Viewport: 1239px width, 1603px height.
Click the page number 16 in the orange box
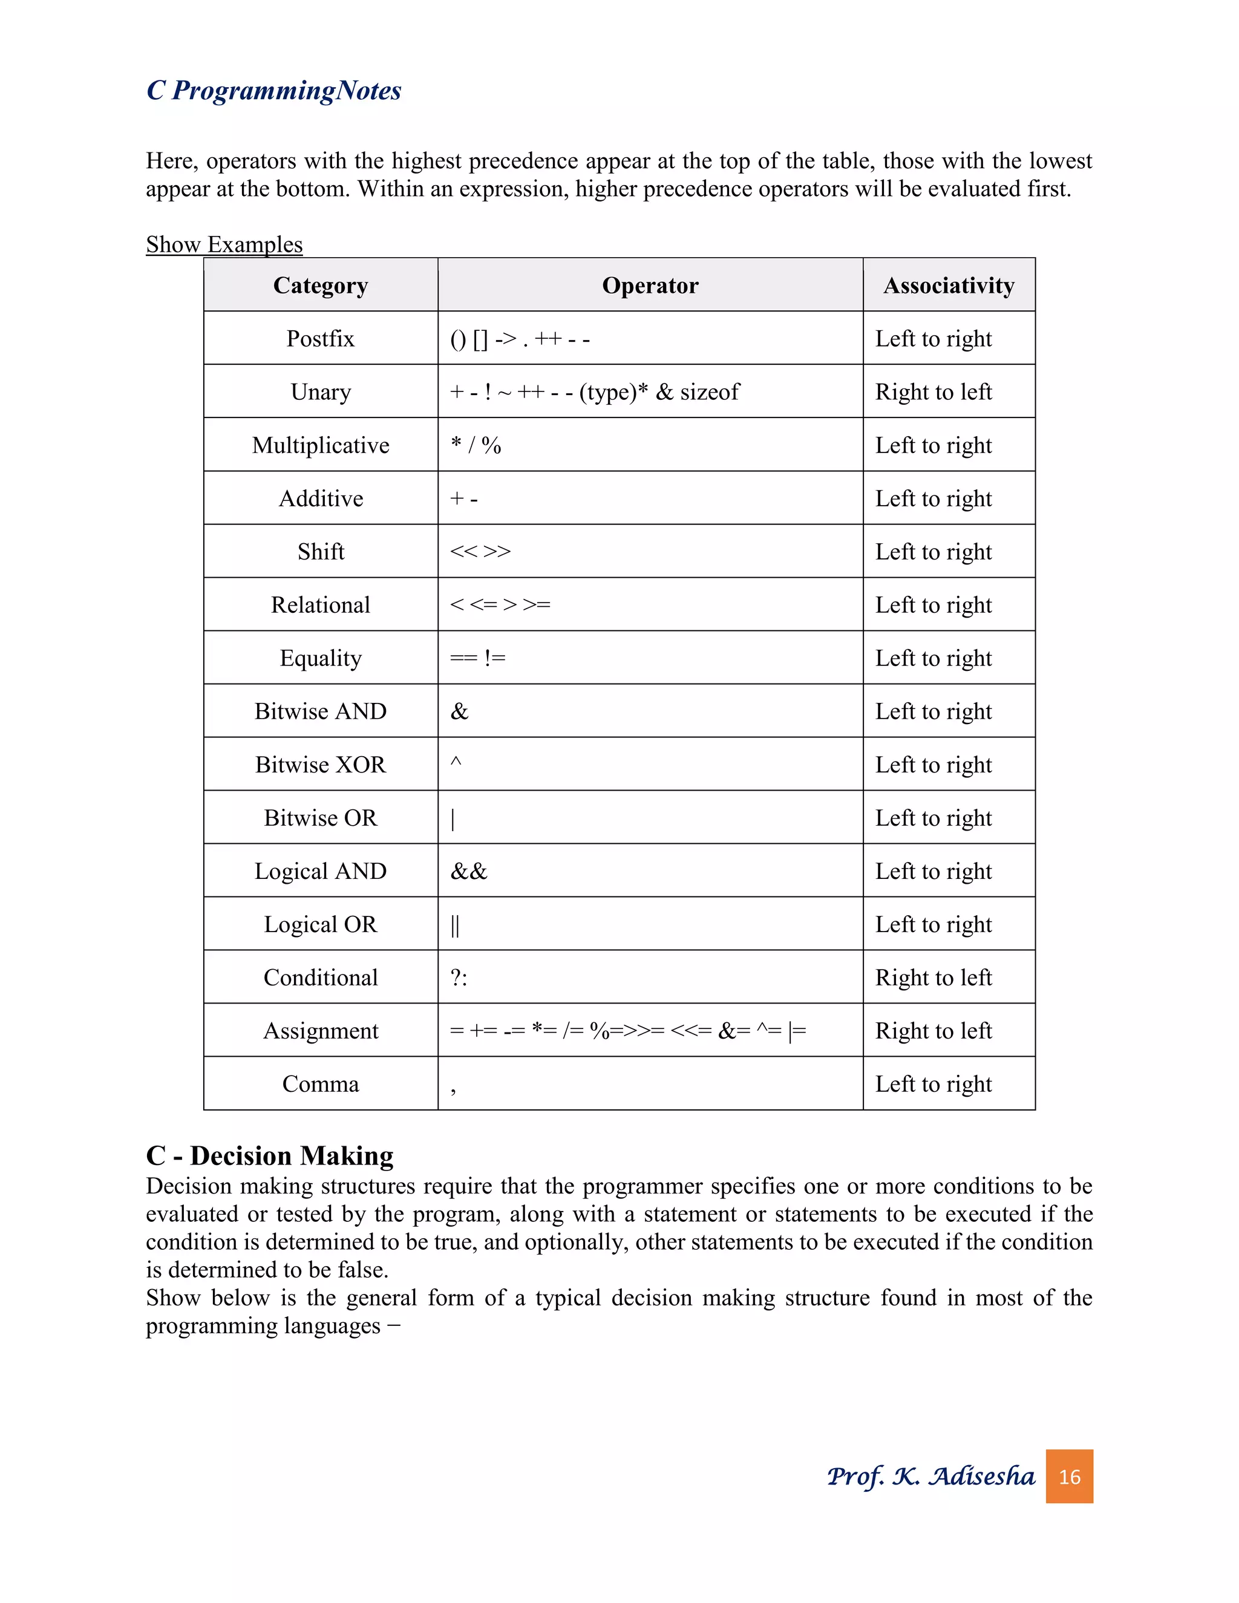[1069, 1477]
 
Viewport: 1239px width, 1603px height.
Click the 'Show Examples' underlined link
[224, 244]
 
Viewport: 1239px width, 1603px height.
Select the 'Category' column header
[320, 285]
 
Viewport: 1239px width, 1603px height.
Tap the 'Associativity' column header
[949, 285]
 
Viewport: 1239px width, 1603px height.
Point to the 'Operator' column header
[650, 285]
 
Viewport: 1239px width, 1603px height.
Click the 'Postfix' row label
[320, 338]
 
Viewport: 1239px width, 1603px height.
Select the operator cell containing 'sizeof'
[595, 392]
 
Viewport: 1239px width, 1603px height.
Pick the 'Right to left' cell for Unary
[933, 392]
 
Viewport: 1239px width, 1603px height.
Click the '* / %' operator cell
[476, 445]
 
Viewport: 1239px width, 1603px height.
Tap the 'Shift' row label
[320, 551]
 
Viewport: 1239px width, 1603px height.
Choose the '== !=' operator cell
[478, 658]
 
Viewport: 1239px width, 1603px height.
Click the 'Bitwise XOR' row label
[320, 764]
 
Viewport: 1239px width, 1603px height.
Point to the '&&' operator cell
[469, 871]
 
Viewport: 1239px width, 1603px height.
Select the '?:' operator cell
[459, 978]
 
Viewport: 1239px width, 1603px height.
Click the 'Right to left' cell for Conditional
[933, 978]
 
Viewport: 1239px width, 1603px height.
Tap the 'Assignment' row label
[320, 1031]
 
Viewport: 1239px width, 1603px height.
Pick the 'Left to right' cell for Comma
[933, 1084]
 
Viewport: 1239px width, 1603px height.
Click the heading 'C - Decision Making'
[269, 1155]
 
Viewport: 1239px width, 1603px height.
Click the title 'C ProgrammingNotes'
[274, 90]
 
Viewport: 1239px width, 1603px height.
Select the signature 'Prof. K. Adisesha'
[930, 1477]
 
